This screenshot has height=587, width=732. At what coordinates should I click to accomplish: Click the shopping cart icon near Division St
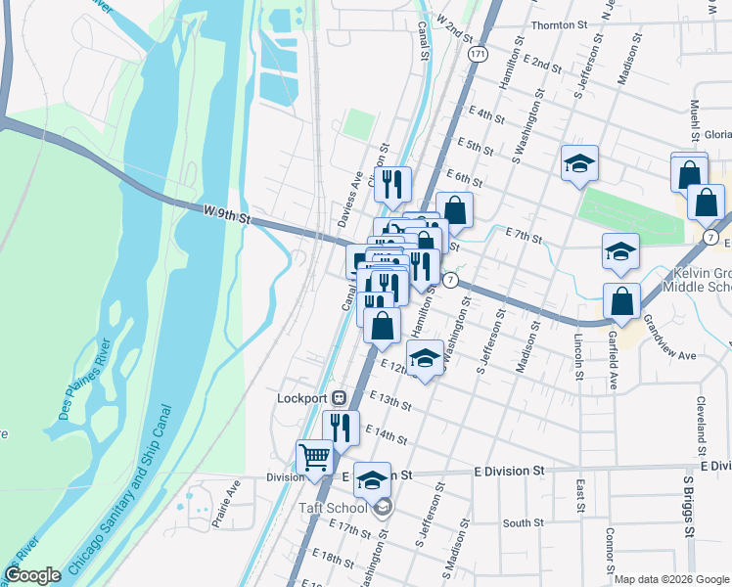[x=314, y=457]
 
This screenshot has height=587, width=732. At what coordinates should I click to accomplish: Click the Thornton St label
[x=558, y=25]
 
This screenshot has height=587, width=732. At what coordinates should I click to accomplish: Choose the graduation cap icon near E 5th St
[x=579, y=163]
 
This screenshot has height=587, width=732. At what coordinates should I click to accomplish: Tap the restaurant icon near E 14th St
[x=341, y=428]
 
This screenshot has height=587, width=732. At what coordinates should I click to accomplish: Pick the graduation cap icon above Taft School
[x=372, y=479]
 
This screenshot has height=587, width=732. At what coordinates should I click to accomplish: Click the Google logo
[x=31, y=575]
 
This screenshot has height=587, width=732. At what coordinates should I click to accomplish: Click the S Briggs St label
[x=689, y=509]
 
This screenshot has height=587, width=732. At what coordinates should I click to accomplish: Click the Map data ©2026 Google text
[x=670, y=579]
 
